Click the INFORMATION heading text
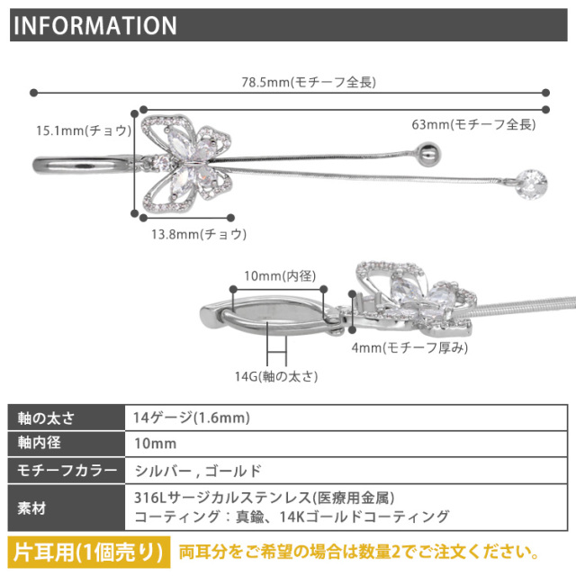click(x=95, y=25)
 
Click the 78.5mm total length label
click(x=309, y=82)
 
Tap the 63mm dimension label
click(x=473, y=124)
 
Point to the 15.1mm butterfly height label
click(x=84, y=130)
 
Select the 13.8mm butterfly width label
click(x=199, y=234)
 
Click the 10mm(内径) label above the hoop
click(x=280, y=276)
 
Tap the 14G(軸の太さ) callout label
click(x=276, y=376)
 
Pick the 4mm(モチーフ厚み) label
click(x=409, y=347)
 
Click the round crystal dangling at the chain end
click(x=531, y=184)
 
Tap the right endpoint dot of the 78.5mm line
click(x=546, y=93)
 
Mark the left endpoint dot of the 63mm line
click(x=144, y=110)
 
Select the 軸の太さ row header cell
click(x=67, y=418)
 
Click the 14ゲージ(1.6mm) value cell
click(x=346, y=418)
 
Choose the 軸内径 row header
click(x=67, y=444)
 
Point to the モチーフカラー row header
click(x=67, y=471)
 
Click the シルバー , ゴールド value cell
click(x=346, y=471)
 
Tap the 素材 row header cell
click(x=67, y=508)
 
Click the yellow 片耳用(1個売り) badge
click(x=89, y=552)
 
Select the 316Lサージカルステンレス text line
click(x=264, y=498)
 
